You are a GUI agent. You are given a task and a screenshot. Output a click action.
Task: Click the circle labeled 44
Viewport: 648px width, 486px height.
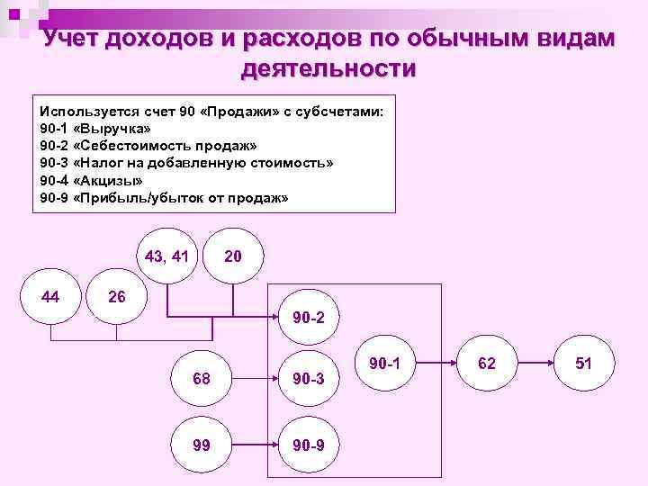50,296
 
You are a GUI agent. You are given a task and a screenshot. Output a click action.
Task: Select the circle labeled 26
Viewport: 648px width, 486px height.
116,296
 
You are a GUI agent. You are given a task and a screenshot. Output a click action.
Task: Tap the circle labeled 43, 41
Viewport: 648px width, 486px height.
166,256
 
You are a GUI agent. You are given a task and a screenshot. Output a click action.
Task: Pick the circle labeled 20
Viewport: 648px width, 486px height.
232,256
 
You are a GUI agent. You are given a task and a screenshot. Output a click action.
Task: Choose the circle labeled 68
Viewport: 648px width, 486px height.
202,378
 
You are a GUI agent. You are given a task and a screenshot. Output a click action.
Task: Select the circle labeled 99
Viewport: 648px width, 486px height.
202,444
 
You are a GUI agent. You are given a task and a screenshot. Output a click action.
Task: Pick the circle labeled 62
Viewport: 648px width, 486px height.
487,363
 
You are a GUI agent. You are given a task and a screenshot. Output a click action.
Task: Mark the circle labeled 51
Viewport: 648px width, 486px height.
583,363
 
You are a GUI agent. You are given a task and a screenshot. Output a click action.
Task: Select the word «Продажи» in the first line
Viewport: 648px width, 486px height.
244,112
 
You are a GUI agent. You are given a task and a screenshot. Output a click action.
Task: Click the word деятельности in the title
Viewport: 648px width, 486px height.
328,68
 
